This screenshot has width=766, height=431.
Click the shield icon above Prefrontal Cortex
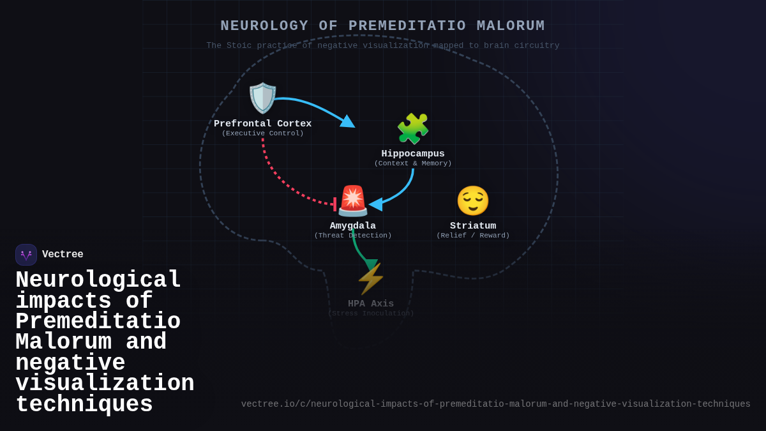(x=262, y=98)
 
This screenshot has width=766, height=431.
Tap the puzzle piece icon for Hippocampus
(x=413, y=129)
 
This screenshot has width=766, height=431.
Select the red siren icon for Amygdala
(x=353, y=200)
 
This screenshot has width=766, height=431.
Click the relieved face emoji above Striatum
(x=473, y=200)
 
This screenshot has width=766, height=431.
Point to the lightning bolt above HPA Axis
(x=371, y=279)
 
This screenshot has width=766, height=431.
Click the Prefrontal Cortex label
(x=262, y=124)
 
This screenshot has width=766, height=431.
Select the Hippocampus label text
(x=413, y=154)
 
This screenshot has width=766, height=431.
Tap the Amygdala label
(x=353, y=226)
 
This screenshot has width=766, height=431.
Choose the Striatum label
(x=473, y=226)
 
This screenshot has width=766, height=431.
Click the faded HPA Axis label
(x=371, y=304)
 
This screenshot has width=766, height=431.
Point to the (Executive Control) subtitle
(x=262, y=133)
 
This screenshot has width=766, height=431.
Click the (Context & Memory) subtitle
(x=413, y=163)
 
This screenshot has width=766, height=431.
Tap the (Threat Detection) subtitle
(x=353, y=236)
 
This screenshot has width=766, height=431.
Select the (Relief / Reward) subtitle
(x=473, y=236)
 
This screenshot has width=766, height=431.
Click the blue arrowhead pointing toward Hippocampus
(x=348, y=121)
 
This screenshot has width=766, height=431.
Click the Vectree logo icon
(x=26, y=255)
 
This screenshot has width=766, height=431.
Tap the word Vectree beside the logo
(x=63, y=255)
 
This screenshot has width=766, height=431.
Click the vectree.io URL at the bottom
(x=495, y=404)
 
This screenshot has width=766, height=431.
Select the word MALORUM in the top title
(x=511, y=26)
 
